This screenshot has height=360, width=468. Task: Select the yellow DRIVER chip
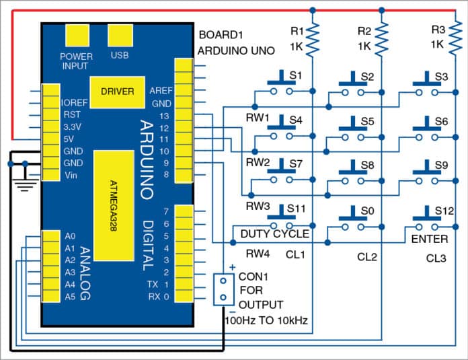tap(117, 91)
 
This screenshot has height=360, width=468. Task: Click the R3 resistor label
tap(438, 31)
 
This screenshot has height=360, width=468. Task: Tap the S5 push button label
tap(367, 121)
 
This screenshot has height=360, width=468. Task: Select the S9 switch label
tap(441, 164)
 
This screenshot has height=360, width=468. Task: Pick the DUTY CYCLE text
tap(274, 234)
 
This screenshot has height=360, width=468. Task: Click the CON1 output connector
tap(223, 290)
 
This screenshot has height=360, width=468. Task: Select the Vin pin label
tap(72, 175)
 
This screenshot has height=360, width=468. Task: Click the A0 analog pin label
tap(71, 236)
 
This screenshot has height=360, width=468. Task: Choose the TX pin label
tap(152, 285)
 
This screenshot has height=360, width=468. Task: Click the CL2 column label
tap(368, 256)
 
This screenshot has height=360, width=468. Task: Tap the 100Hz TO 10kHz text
tap(266, 322)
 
